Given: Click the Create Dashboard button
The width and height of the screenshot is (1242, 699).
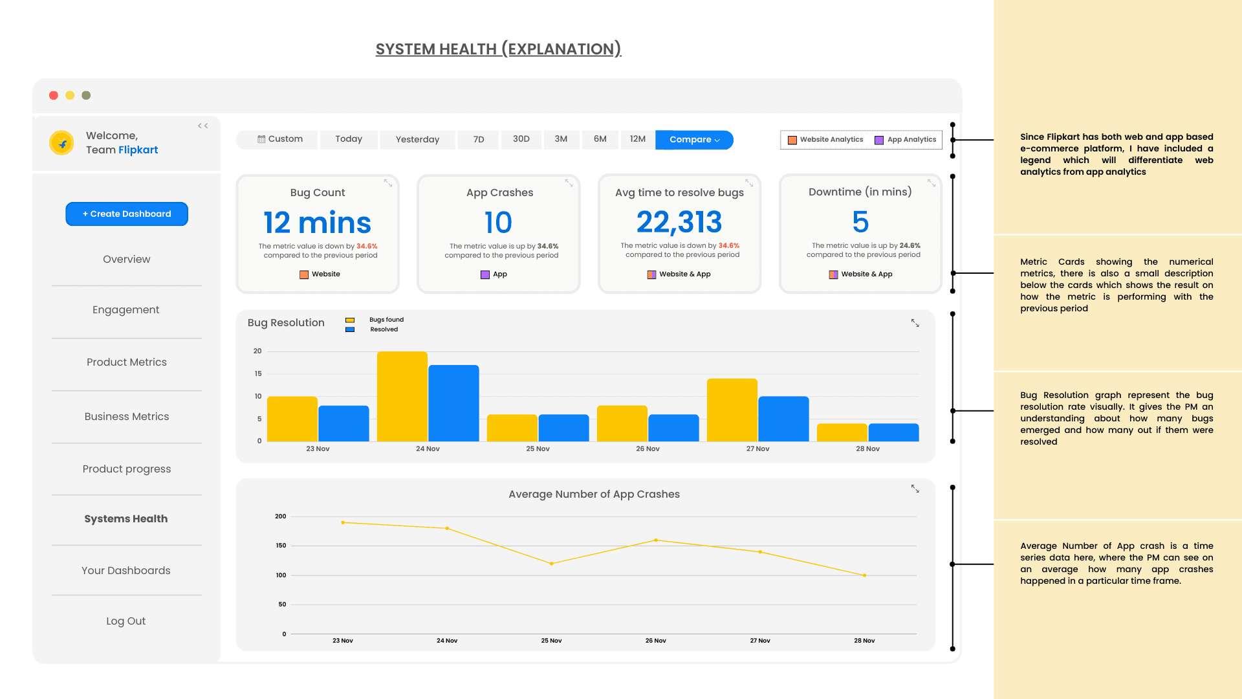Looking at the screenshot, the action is (x=127, y=214).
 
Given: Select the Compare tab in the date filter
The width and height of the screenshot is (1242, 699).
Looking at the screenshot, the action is (x=694, y=140).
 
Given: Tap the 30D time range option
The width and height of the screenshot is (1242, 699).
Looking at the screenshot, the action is (x=521, y=139).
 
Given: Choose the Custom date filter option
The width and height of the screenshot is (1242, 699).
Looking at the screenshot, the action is (x=280, y=139).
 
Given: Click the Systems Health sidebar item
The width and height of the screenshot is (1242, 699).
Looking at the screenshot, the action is (x=126, y=518).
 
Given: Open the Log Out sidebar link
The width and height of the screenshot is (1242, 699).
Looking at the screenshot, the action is (x=126, y=621).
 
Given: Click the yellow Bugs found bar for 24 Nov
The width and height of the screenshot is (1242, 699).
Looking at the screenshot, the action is (x=402, y=396).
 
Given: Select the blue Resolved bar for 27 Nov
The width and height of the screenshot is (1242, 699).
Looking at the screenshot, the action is (x=783, y=419).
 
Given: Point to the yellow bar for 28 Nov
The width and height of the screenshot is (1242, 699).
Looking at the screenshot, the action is (x=842, y=432).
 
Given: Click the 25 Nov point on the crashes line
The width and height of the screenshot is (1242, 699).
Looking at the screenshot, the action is (x=552, y=564).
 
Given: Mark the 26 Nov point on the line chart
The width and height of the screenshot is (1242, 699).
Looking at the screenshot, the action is (x=656, y=540).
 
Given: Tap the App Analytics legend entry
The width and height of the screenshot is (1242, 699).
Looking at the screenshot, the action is (x=906, y=140).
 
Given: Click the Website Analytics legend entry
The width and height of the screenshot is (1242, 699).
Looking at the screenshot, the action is (x=825, y=140).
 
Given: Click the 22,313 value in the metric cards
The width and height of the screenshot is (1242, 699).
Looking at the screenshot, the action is (x=679, y=223).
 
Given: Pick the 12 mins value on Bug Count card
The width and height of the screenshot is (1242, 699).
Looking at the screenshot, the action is (x=317, y=223).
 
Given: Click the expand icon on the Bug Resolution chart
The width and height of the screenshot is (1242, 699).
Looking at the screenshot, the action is (x=915, y=323).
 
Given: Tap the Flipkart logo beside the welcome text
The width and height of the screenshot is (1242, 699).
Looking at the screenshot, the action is (x=62, y=143).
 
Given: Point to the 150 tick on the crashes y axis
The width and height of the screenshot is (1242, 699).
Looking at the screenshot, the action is (x=281, y=546).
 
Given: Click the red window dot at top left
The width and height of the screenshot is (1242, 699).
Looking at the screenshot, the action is (x=54, y=95).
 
